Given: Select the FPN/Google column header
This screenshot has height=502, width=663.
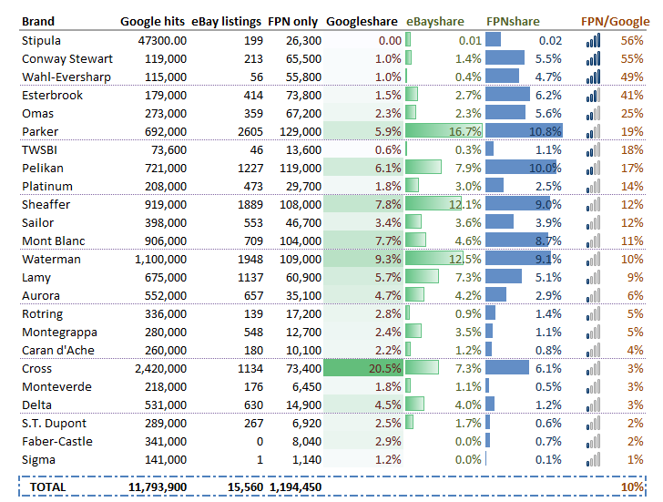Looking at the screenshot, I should click(x=615, y=21).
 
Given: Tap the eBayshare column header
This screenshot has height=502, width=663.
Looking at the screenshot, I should click(x=434, y=21).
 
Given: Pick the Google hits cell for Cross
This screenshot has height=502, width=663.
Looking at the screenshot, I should click(x=155, y=369).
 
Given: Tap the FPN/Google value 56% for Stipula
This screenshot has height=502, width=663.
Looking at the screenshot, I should click(x=631, y=40).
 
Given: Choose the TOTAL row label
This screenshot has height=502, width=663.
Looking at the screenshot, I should click(x=47, y=487).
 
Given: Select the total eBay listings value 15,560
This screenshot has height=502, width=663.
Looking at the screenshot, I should click(x=243, y=487).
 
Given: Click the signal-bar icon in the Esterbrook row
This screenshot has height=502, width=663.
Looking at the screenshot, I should click(x=594, y=95).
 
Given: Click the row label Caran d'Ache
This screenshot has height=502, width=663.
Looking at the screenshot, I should click(x=57, y=351).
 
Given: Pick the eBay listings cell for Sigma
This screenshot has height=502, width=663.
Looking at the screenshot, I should click(x=260, y=460).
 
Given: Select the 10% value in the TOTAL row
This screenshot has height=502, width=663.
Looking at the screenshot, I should click(x=631, y=487).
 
